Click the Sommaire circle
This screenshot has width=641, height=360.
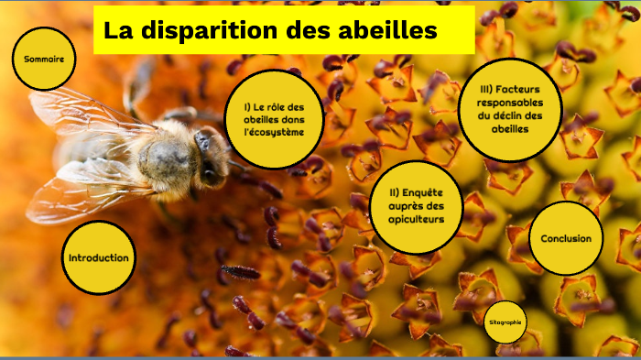(x=44, y=59)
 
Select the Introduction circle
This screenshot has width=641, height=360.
(x=98, y=257)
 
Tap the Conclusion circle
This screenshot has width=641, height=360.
(x=566, y=238)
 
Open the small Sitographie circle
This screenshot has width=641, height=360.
(x=505, y=322)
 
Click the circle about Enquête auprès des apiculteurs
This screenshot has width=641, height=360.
(x=418, y=206)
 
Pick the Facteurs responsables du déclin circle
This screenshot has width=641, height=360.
(x=510, y=109)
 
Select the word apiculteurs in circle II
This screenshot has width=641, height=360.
(x=418, y=219)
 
